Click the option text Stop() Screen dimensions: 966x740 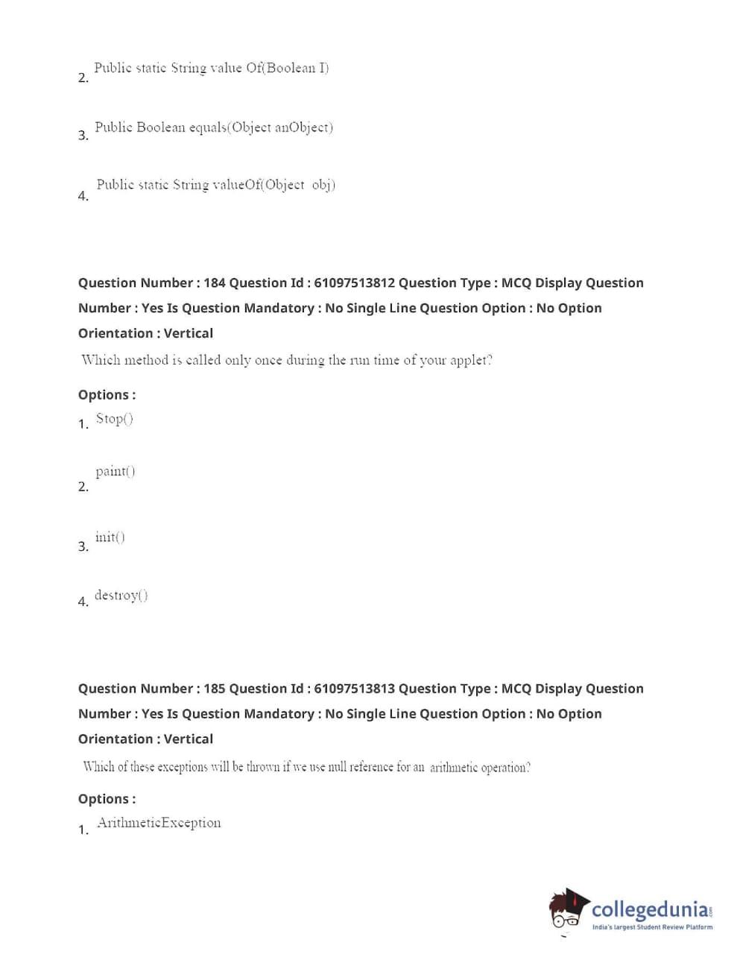pyautogui.click(x=114, y=419)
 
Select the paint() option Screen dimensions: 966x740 pyautogui.click(x=115, y=471)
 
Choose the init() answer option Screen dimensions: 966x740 pyautogui.click(x=110, y=537)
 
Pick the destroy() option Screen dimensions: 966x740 pyautogui.click(x=121, y=595)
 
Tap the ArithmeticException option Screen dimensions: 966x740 pyautogui.click(x=159, y=823)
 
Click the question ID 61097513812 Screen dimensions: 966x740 pyautogui.click(x=354, y=283)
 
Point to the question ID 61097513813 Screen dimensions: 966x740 pyautogui.click(x=354, y=689)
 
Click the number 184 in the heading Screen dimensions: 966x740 pyautogui.click(x=214, y=283)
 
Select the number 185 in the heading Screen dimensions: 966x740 pyautogui.click(x=214, y=689)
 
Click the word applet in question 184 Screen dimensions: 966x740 pyautogui.click(x=471, y=361)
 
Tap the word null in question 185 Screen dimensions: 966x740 pyautogui.click(x=338, y=767)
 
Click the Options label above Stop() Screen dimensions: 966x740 pyautogui.click(x=107, y=395)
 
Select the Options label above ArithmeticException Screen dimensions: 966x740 pyautogui.click(x=107, y=799)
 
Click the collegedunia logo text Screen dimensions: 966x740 pyautogui.click(x=650, y=909)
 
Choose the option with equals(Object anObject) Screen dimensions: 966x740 pyautogui.click(x=214, y=127)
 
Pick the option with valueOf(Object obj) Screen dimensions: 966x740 pyautogui.click(x=215, y=185)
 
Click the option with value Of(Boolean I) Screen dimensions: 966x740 pyautogui.click(x=211, y=69)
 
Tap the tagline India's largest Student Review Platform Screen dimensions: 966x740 pyautogui.click(x=652, y=927)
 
